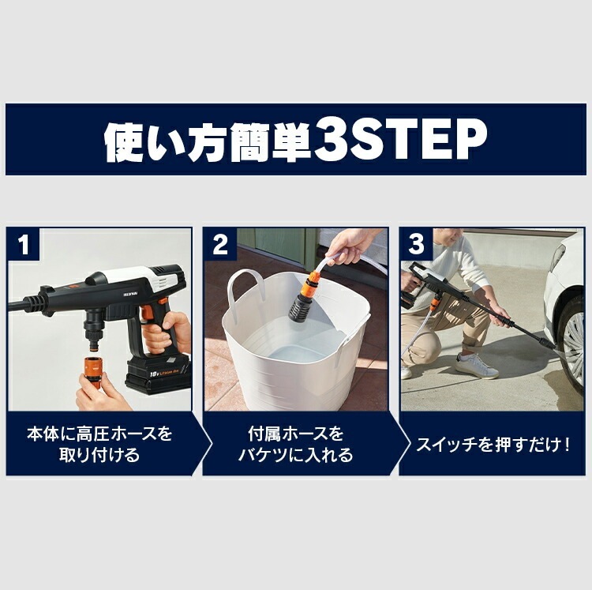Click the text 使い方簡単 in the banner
coord(207,141)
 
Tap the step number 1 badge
coord(24,244)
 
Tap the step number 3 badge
coord(416,244)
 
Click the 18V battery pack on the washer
coord(157,376)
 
